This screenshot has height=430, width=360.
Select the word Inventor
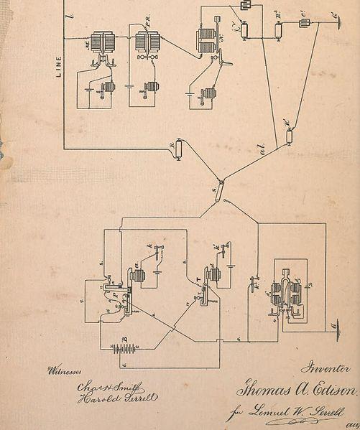coord(326,368)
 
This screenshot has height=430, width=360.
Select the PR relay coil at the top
coord(146,42)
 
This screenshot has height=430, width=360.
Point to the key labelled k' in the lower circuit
coord(225,249)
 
